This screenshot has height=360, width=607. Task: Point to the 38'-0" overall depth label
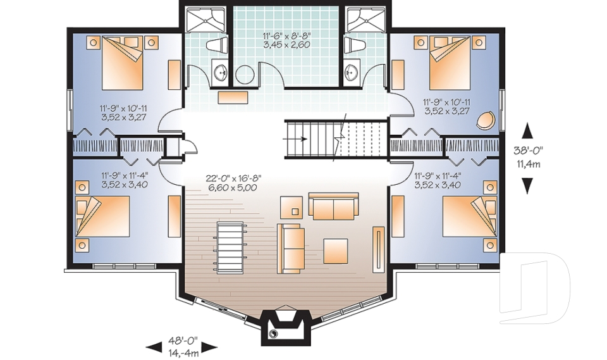[529, 156]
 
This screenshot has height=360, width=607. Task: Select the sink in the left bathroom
[221, 73]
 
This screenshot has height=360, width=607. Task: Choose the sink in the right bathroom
[352, 73]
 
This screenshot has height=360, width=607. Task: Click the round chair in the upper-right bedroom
[487, 120]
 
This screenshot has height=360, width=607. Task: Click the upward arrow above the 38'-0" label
[527, 131]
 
